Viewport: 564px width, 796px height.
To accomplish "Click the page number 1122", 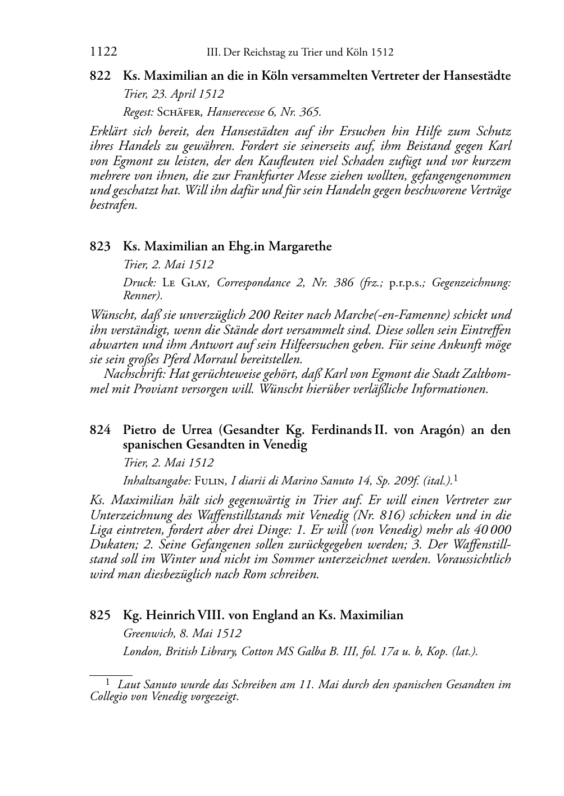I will click(x=103, y=52).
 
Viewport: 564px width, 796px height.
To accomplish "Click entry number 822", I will click(x=101, y=75).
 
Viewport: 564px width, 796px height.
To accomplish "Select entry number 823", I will click(x=101, y=246).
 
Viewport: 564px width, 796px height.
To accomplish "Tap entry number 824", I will click(x=101, y=430).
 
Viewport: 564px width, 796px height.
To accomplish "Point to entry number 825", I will click(x=101, y=615).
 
